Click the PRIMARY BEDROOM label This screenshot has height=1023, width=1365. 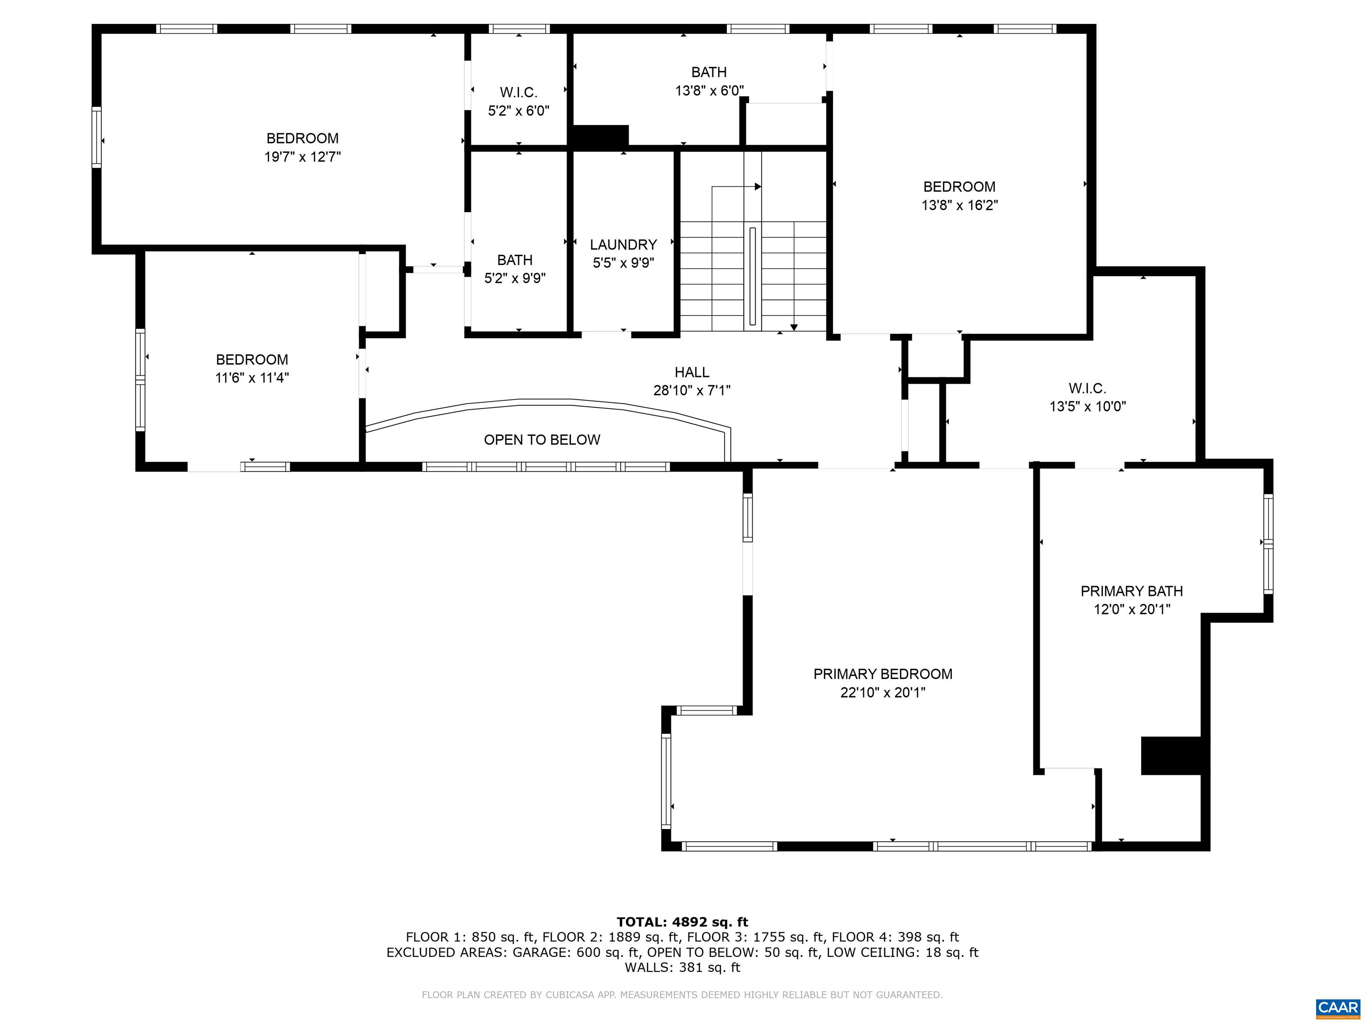[x=882, y=674]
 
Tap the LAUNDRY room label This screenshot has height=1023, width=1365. [x=623, y=245]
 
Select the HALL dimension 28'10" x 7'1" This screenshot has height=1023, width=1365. [x=692, y=390]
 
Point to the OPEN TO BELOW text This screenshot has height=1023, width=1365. [x=542, y=440]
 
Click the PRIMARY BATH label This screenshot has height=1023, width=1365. [x=1132, y=591]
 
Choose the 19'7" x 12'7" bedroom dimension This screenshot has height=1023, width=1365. [x=303, y=157]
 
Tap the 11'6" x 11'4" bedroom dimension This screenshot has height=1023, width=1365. [x=252, y=378]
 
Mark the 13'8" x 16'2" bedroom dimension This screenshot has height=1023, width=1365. [x=960, y=205]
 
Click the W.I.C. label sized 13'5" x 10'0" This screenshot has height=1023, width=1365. [x=1087, y=389]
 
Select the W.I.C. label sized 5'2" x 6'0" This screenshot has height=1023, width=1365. [x=519, y=92]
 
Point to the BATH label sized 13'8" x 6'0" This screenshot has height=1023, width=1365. [x=709, y=72]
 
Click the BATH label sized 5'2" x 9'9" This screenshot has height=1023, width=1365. [x=515, y=260]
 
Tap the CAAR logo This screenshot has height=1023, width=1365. [x=1338, y=1007]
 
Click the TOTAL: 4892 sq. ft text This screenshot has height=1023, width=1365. [x=682, y=922]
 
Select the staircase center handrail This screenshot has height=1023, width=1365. [x=752, y=276]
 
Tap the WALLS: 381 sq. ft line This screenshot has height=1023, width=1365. [x=682, y=967]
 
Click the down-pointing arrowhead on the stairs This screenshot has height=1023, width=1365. [x=794, y=327]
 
